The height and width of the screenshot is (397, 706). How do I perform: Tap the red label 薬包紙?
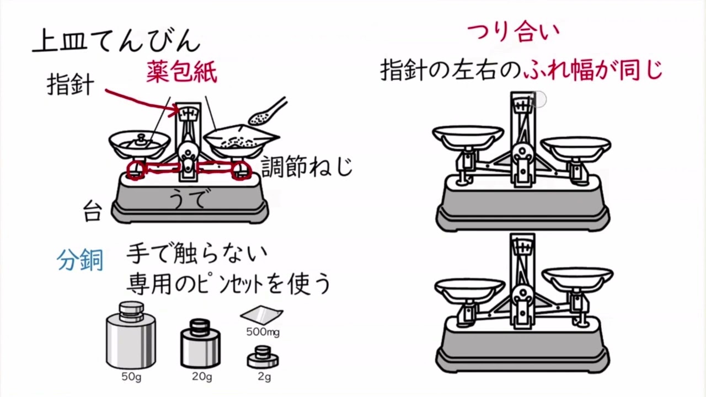[x=181, y=72]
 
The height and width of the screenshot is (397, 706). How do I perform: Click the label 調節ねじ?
[x=307, y=166]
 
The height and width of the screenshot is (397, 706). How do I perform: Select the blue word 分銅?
[x=80, y=260]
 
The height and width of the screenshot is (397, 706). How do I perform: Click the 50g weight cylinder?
[x=131, y=336]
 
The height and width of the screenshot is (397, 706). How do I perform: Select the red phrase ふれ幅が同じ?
[x=593, y=70]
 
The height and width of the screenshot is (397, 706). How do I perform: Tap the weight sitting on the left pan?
[x=141, y=140]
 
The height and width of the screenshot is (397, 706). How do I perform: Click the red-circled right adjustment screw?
[x=240, y=170]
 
